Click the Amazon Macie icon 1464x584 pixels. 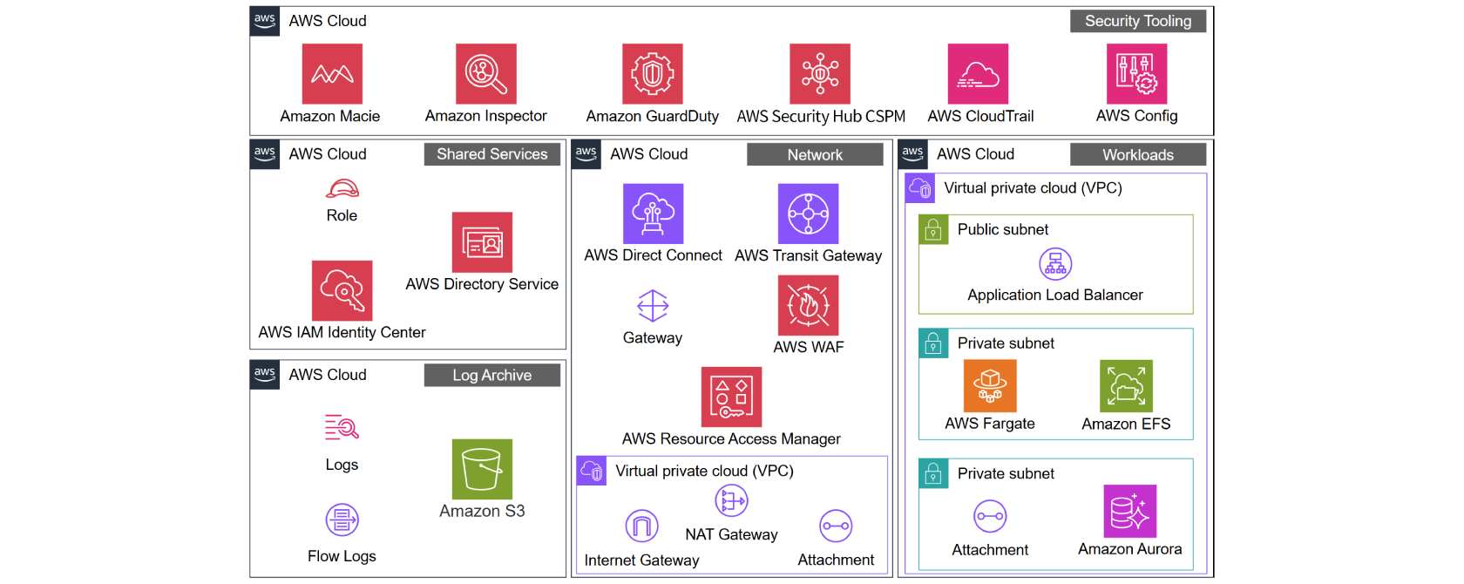[x=332, y=74]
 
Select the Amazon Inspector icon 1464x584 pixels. [x=485, y=74]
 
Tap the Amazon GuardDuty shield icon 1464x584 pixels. [x=652, y=74]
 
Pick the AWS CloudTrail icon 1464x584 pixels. [x=978, y=74]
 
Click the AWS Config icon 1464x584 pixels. [x=1136, y=74]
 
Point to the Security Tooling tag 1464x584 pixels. [x=1137, y=21]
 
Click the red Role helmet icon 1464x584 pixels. [x=342, y=188]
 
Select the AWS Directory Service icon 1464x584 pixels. [x=482, y=242]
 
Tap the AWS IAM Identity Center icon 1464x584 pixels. [x=342, y=290]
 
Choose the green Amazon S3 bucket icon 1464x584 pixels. [x=482, y=469]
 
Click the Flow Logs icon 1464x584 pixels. [x=342, y=520]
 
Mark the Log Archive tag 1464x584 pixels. [x=491, y=375]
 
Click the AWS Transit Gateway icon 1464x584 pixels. [x=808, y=214]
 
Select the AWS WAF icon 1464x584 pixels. [x=808, y=305]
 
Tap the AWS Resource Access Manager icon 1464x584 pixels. [x=731, y=397]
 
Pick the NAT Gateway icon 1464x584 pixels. [x=731, y=501]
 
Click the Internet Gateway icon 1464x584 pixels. [x=641, y=526]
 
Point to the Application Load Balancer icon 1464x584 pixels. [x=1054, y=263]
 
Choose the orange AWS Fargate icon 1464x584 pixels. [x=990, y=385]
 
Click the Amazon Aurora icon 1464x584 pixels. [x=1129, y=511]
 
